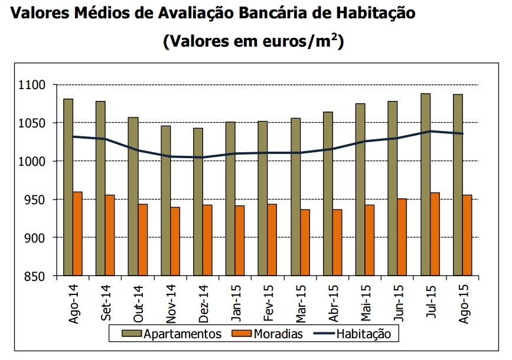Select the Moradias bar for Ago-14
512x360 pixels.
78,234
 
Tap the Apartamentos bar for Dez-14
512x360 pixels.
198,201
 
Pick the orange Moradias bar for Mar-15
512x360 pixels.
305,243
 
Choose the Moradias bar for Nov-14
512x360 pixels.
175,241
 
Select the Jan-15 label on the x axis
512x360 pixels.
236,303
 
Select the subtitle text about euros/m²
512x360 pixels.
254,41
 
